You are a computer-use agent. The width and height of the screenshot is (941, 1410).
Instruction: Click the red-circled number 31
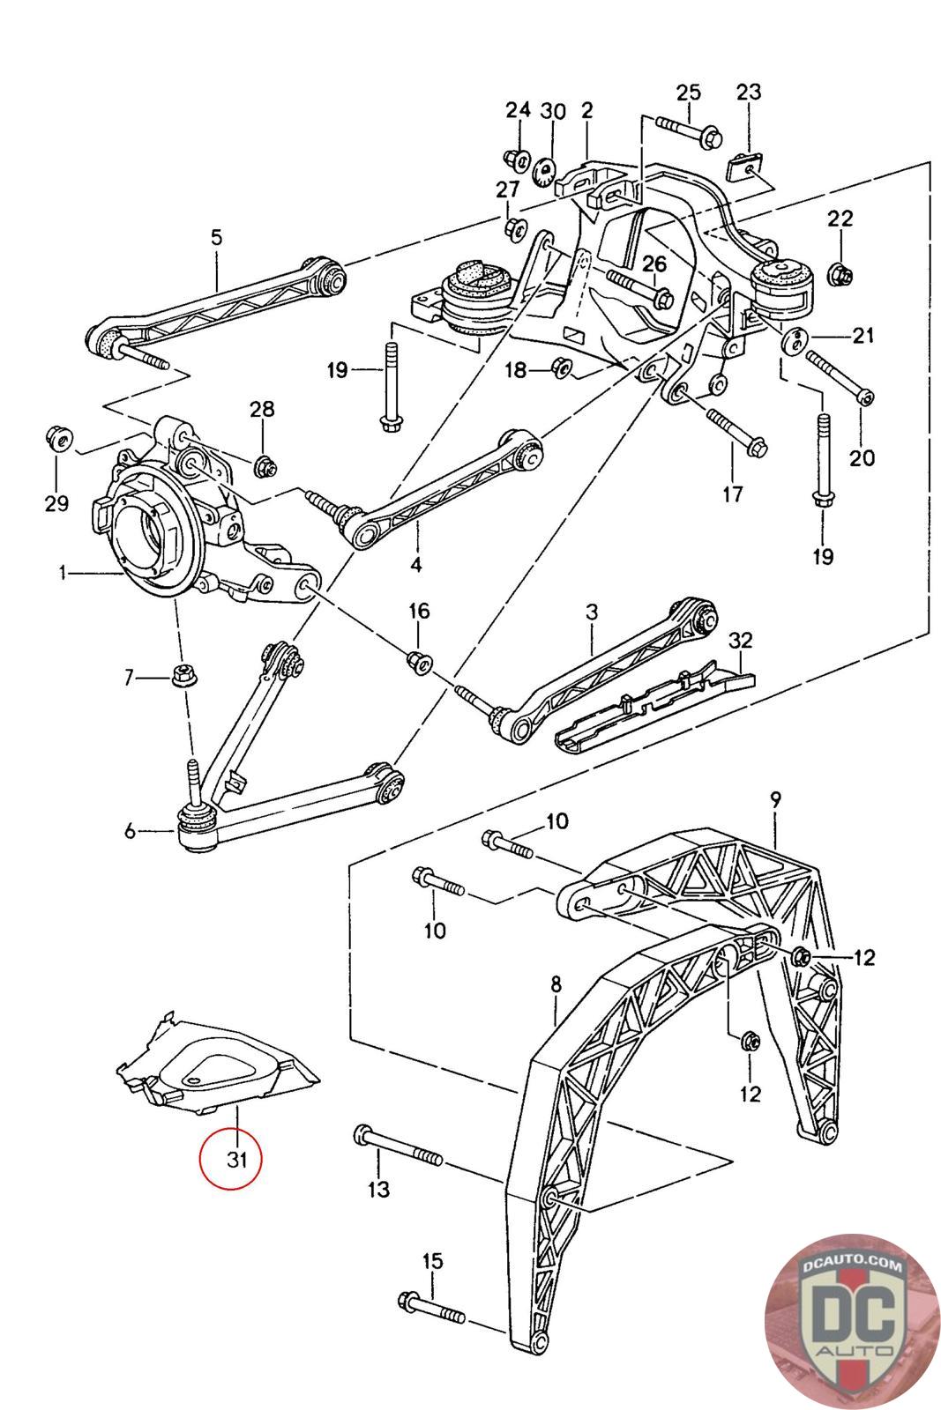[x=236, y=1159]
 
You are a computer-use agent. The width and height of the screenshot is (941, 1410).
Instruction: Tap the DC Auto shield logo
[x=852, y=1322]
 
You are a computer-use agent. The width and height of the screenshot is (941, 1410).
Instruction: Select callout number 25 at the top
[x=688, y=92]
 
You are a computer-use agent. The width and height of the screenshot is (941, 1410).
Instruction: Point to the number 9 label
[x=775, y=800]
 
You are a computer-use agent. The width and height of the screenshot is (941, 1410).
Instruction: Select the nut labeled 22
[x=840, y=274]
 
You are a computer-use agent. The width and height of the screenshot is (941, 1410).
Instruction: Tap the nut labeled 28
[x=263, y=464]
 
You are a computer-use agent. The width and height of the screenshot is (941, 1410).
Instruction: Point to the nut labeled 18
[x=558, y=367]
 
